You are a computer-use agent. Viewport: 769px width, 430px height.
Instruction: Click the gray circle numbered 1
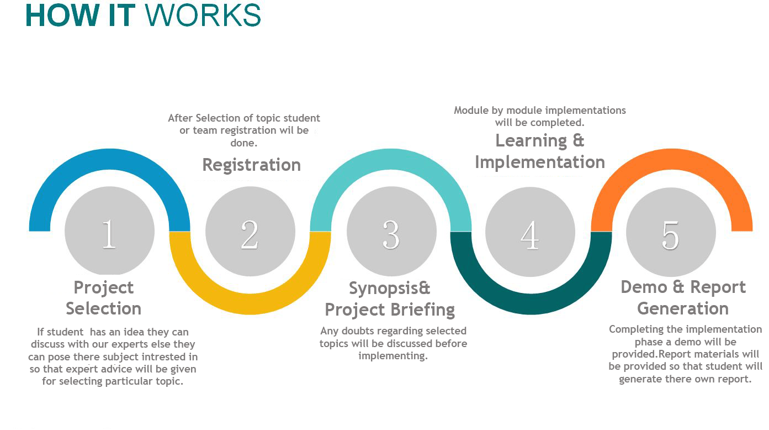[109, 232]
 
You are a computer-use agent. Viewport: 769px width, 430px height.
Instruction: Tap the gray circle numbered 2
[250, 232]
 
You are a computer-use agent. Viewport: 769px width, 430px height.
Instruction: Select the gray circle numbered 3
[391, 232]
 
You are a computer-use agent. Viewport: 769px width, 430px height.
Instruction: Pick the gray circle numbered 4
[530, 232]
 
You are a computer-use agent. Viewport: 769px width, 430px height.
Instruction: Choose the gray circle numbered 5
[671, 232]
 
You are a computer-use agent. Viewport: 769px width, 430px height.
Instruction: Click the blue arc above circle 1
[109, 160]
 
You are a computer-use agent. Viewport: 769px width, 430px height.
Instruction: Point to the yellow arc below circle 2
[250, 303]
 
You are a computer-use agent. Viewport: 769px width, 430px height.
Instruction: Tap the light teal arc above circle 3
[391, 160]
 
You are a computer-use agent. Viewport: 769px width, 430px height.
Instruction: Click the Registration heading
[251, 165]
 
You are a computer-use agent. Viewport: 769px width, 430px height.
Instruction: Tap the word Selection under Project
[104, 308]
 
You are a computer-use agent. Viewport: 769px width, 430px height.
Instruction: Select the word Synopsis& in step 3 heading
[389, 289]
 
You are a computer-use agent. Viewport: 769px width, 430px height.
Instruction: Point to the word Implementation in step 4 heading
[539, 162]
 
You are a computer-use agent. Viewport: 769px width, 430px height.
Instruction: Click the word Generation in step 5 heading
[683, 308]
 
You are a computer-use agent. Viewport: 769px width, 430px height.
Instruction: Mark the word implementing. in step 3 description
[393, 356]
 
